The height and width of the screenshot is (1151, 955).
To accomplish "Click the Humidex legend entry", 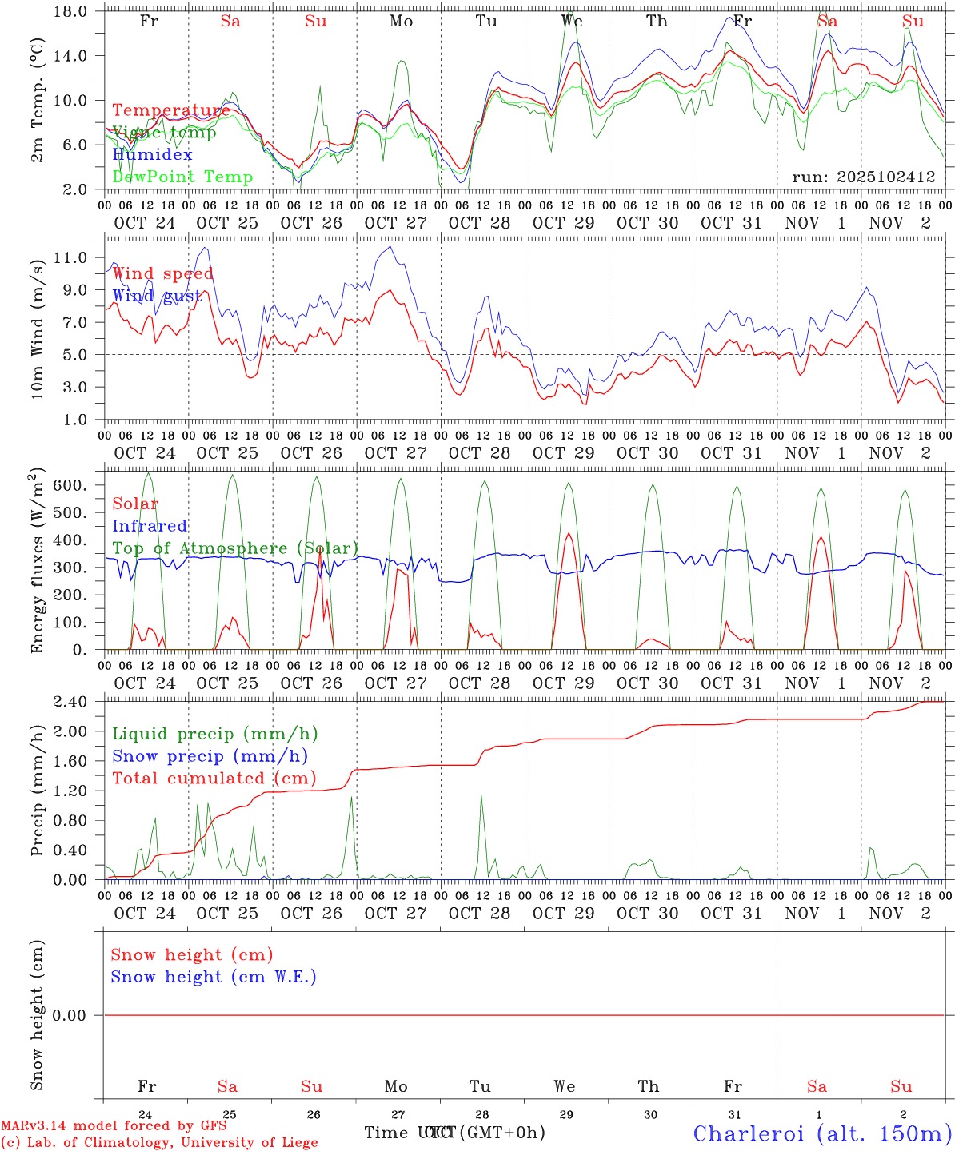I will click(152, 155).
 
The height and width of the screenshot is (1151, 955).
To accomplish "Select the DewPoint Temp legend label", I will click(182, 177).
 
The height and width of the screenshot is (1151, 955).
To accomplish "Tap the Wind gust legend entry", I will click(157, 297).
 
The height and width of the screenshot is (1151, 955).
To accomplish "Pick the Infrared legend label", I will click(150, 526).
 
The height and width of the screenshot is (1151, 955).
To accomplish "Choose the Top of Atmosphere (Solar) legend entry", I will click(234, 548).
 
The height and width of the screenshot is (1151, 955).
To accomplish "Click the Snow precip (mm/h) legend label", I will click(210, 756).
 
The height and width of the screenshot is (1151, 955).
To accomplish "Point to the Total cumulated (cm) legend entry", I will click(214, 779).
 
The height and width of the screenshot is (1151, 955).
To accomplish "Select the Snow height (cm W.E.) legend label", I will click(213, 977).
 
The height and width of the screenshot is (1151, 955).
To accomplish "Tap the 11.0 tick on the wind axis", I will click(78, 258).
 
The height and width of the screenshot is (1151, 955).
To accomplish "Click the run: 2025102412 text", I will click(863, 177).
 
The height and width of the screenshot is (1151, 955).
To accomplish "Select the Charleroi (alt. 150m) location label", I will click(821, 1133).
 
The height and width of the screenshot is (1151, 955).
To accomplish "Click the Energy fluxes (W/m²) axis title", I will click(38, 563).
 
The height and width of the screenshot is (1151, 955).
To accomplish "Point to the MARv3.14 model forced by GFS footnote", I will click(114, 1125).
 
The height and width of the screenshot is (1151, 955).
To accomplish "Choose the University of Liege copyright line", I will click(159, 1143).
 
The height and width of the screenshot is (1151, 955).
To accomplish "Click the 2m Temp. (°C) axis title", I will click(38, 100).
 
